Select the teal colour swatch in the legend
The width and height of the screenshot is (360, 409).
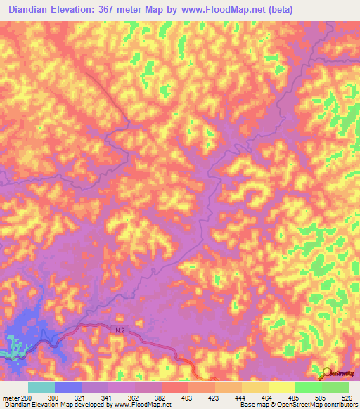(41, 387)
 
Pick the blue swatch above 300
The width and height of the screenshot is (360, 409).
(68, 387)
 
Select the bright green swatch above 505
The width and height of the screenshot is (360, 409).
(309, 387)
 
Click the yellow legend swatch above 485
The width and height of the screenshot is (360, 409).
(282, 387)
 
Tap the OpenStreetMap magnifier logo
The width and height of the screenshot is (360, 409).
(327, 372)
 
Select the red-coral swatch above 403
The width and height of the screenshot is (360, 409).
(175, 387)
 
